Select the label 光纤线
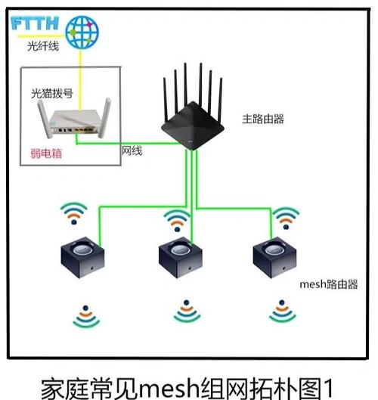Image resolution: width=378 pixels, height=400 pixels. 42,48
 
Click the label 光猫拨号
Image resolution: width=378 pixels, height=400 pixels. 51,94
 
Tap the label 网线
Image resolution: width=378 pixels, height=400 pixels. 132,151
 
